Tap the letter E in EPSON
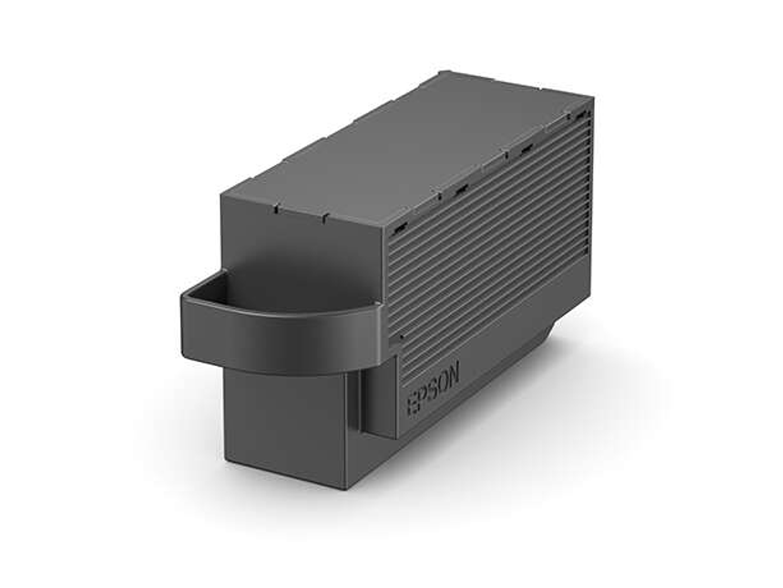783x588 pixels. [x=413, y=406]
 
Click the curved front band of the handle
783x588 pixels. [x=283, y=337]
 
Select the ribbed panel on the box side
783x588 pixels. [x=489, y=228]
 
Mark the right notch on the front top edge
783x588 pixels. [x=324, y=217]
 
